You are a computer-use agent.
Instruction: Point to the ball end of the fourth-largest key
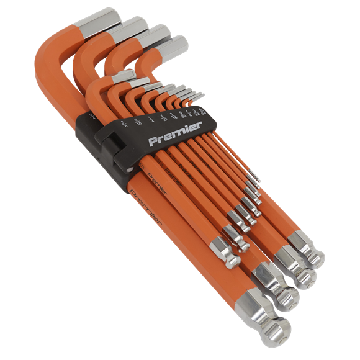coord(313,255)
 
